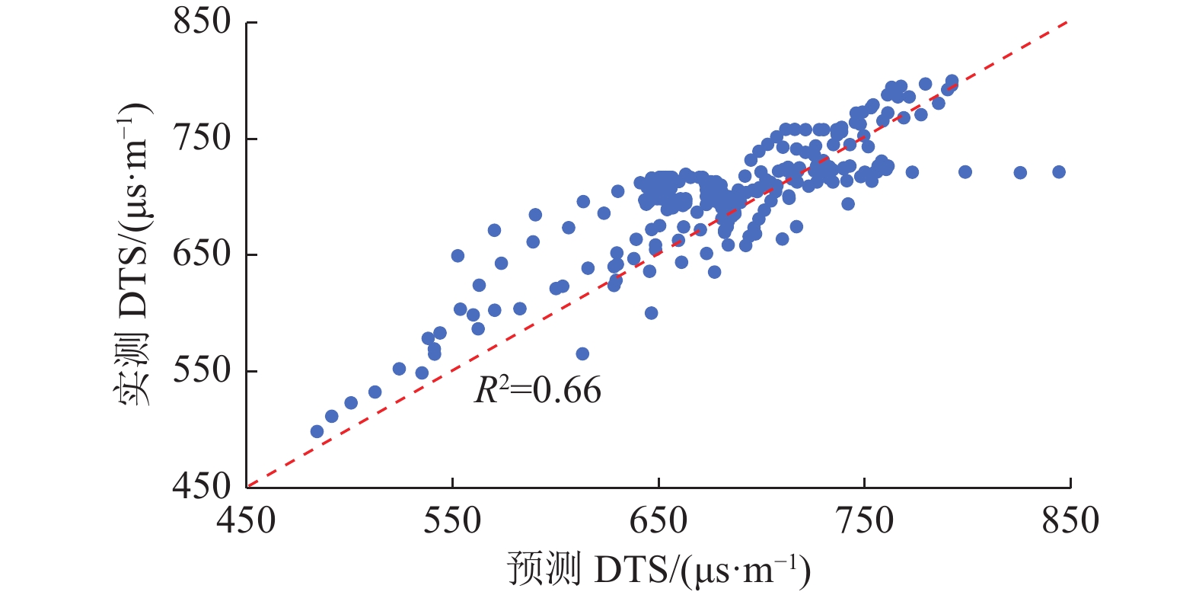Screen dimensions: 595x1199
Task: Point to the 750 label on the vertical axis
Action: tap(202, 138)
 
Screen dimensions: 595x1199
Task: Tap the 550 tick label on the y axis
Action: tap(202, 370)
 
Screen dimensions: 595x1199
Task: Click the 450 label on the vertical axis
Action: tap(202, 486)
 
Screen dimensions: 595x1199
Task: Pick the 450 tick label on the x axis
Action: tap(246, 521)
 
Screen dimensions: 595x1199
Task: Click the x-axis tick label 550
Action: tap(452, 521)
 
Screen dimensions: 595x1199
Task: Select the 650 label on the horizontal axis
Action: tap(658, 521)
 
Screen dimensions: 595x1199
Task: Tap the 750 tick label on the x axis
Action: tap(865, 521)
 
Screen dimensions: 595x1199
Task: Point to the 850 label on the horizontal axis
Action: tap(1070, 521)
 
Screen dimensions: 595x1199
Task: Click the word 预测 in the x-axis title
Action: tap(544, 570)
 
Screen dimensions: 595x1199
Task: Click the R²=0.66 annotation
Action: tap(537, 391)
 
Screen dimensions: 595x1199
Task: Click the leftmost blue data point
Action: tap(317, 432)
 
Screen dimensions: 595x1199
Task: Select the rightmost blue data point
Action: tap(1059, 172)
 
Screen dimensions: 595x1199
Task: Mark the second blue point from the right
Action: tap(1020, 173)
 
